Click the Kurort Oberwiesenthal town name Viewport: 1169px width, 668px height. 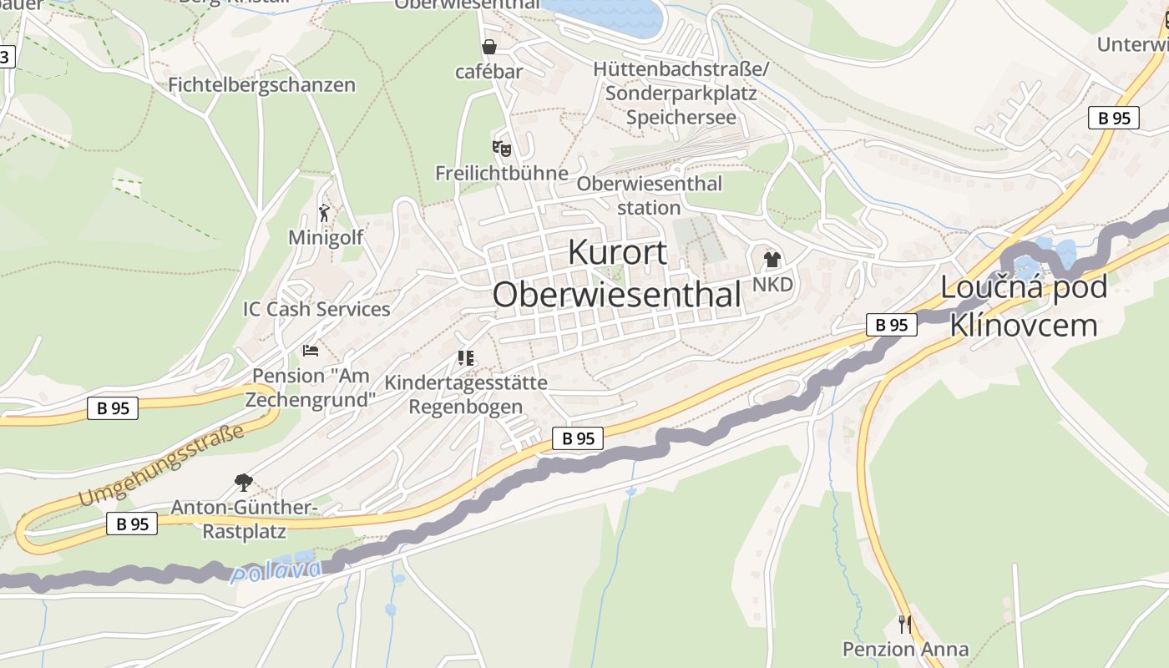tap(617, 274)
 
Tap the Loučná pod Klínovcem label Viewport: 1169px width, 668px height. tap(1024, 306)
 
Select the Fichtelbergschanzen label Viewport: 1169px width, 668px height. tap(261, 85)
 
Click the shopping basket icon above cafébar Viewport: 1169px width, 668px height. tap(488, 47)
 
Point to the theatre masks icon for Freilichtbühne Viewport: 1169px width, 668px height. tap(501, 149)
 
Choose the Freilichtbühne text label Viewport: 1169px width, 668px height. tap(501, 174)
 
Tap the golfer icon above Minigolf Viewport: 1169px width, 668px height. tap(325, 213)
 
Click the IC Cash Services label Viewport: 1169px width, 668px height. tap(316, 309)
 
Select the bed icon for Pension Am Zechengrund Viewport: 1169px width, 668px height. tap(311, 351)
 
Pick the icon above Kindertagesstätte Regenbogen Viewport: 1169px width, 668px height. tap(466, 358)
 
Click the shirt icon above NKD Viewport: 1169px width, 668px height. tap(772, 260)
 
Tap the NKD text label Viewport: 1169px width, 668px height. tap(772, 285)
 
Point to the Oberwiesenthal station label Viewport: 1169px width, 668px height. tap(649, 195)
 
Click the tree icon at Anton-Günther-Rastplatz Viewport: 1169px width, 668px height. tap(243, 482)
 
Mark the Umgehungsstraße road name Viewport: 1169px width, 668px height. tap(164, 465)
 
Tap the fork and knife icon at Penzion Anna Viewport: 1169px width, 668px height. tap(904, 624)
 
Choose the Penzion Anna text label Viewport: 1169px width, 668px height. tap(905, 650)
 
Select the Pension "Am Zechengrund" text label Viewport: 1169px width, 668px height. tap(311, 388)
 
